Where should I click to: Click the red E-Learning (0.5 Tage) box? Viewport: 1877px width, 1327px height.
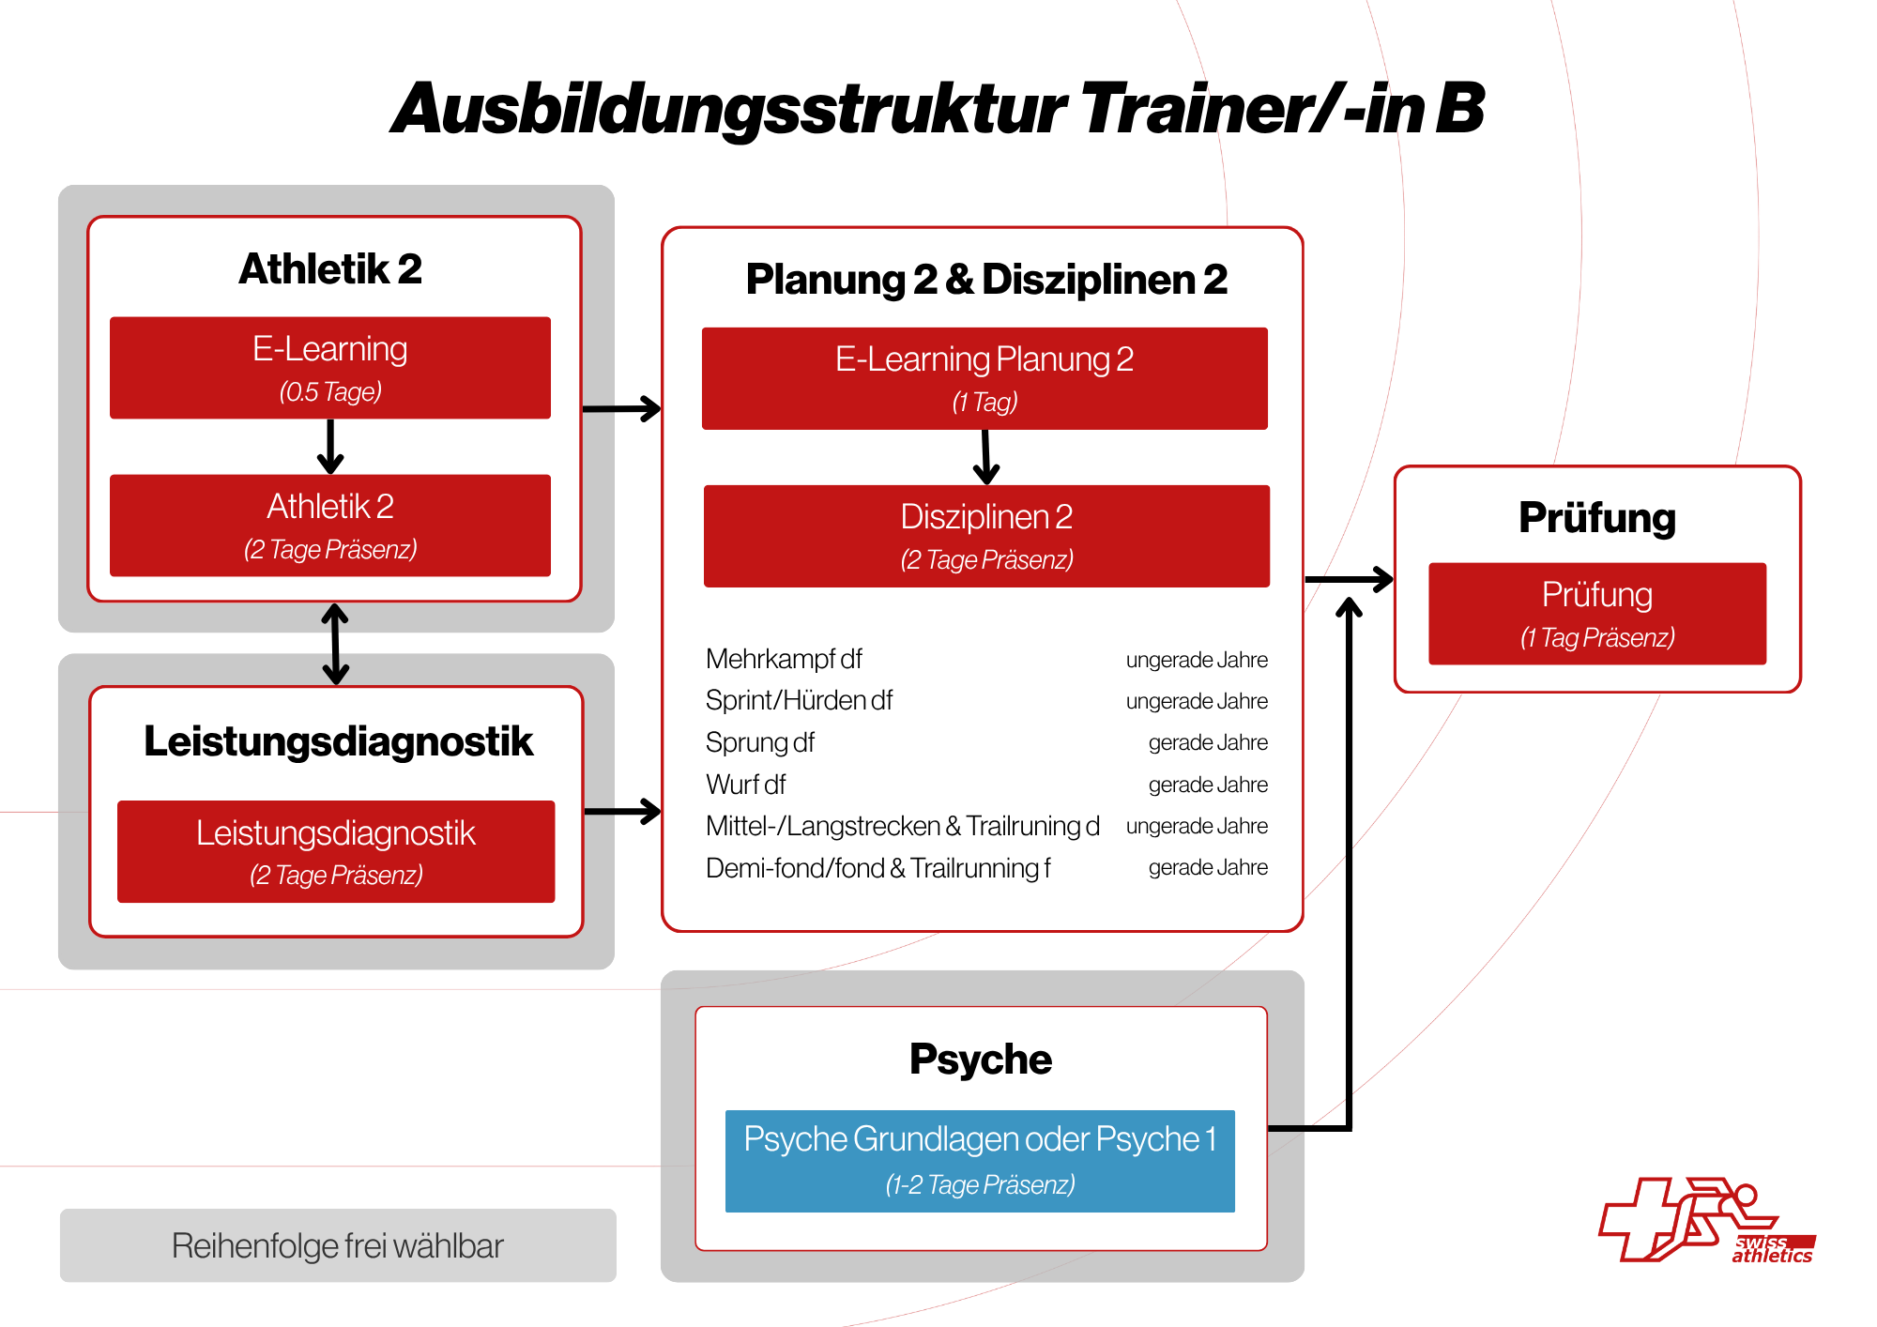click(x=330, y=368)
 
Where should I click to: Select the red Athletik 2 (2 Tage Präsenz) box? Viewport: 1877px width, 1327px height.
click(x=330, y=526)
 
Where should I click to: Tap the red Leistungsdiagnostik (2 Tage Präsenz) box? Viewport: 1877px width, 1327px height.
click(x=336, y=851)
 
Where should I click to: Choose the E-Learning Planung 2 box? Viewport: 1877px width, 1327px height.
click(x=984, y=378)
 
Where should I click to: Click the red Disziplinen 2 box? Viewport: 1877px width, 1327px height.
click(x=986, y=536)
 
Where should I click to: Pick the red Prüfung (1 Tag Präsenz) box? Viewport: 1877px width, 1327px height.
click(x=1597, y=614)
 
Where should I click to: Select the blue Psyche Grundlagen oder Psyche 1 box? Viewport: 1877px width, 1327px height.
click(x=980, y=1161)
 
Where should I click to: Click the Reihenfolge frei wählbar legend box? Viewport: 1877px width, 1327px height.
click(x=338, y=1245)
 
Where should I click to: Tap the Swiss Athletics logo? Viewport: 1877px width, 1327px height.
click(x=1707, y=1220)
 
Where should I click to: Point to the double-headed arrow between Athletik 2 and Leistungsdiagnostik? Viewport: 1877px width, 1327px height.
click(x=335, y=644)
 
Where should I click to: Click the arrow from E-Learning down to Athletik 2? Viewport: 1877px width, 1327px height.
click(x=330, y=447)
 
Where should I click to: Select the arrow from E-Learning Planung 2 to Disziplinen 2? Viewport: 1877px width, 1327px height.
click(x=985, y=457)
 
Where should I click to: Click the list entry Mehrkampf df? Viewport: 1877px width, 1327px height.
click(x=784, y=659)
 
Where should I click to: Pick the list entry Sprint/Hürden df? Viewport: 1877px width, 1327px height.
click(x=799, y=700)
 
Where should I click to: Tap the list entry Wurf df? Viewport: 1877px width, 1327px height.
click(x=745, y=784)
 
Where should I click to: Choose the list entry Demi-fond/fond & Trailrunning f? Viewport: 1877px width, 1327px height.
click(x=877, y=868)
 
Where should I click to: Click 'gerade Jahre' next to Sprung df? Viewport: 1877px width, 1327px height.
click(x=1208, y=742)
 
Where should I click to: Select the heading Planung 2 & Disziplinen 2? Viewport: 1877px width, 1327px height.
click(x=986, y=279)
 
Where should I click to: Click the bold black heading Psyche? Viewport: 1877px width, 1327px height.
click(x=981, y=1060)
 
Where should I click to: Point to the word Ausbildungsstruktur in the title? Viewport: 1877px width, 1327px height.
click(x=729, y=110)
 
